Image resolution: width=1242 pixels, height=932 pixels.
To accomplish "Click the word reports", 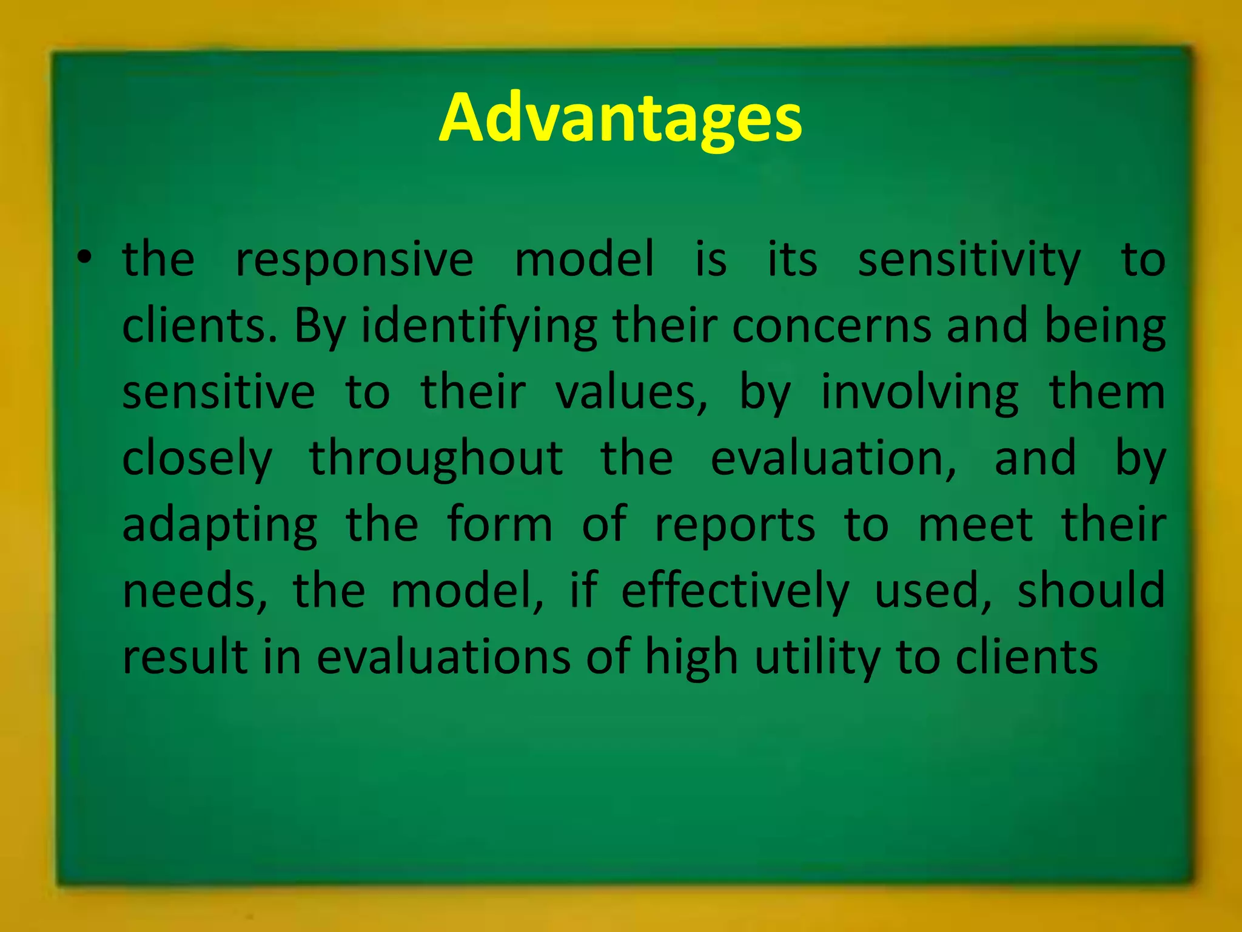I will [x=735, y=525].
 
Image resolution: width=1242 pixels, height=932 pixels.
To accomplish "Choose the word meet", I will [x=975, y=524].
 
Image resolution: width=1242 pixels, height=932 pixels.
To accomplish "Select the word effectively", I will [x=735, y=592].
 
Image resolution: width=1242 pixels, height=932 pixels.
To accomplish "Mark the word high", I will [x=691, y=658].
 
